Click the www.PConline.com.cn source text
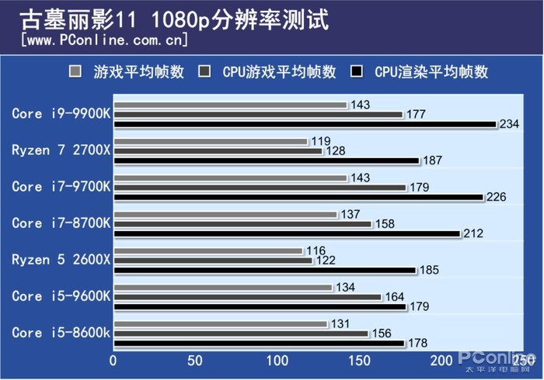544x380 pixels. pyautogui.click(x=105, y=40)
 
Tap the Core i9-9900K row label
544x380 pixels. pyautogui.click(x=61, y=113)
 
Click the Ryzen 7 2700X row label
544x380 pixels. pyautogui.click(x=61, y=150)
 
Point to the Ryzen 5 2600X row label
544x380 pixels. pyautogui.click(x=61, y=260)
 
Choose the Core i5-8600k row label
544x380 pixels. pyautogui.click(x=61, y=333)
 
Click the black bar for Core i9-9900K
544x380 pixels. pyautogui.click(x=305, y=124)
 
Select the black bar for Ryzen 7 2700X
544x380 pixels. pyautogui.click(x=267, y=161)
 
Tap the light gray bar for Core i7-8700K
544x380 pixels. pyautogui.click(x=225, y=214)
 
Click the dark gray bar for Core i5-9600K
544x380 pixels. pyautogui.click(x=247, y=297)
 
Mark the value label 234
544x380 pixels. pyautogui.click(x=509, y=124)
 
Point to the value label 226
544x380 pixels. pyautogui.click(x=496, y=197)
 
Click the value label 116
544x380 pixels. pyautogui.click(x=316, y=251)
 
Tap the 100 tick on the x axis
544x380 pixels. pyautogui.click(x=277, y=361)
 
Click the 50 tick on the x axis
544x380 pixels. pyautogui.click(x=195, y=361)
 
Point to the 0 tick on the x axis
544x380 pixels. pyautogui.click(x=113, y=361)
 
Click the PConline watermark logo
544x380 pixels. pyautogui.click(x=494, y=360)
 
